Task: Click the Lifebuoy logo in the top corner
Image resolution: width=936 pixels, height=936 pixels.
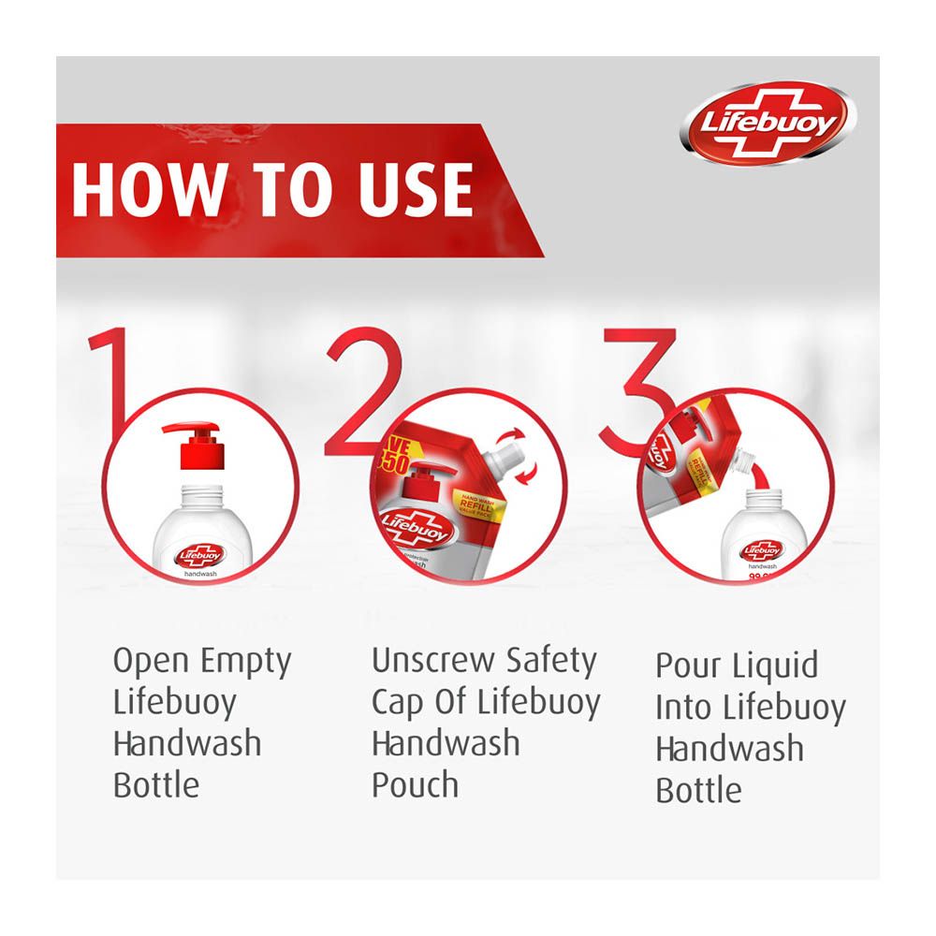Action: (768, 123)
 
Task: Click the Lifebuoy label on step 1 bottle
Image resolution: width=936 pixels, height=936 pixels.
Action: (197, 554)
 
